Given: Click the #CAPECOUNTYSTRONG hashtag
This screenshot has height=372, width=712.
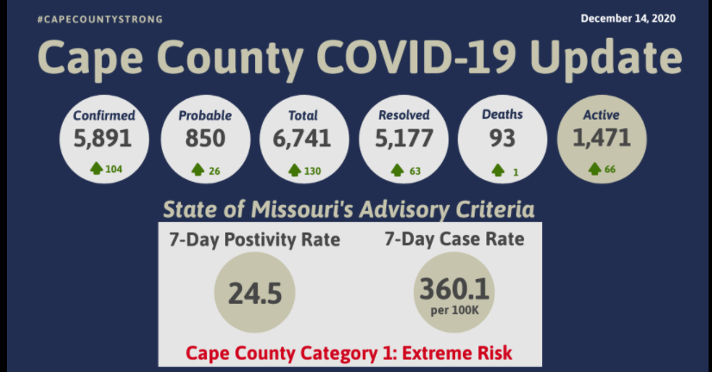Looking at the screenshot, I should (100, 19).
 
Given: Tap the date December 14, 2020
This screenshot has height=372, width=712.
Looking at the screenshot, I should (628, 18).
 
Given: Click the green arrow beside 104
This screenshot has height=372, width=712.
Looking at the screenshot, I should (97, 169).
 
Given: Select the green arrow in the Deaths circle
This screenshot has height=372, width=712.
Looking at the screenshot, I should (498, 170).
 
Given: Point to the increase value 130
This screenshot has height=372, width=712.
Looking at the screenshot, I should (312, 170).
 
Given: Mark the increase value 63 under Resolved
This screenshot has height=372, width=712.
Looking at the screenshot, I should (415, 170).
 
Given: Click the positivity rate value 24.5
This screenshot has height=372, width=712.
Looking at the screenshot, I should (255, 294).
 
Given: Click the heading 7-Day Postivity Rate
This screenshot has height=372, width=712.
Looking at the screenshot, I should (255, 240).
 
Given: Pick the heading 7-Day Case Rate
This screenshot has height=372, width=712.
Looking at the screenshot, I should (454, 239).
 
